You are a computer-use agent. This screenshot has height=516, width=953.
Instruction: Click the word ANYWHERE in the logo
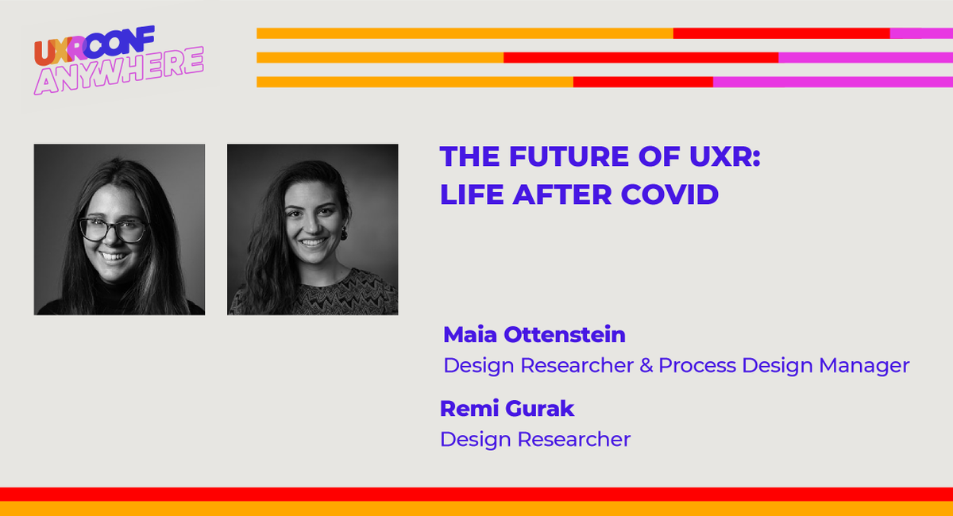click(x=118, y=71)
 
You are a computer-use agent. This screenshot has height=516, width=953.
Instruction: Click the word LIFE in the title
click(x=469, y=194)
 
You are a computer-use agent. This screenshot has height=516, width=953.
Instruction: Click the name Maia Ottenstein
click(x=534, y=335)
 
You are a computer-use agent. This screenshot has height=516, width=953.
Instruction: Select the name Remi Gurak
click(x=507, y=409)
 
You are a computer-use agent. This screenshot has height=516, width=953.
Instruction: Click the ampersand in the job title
click(x=646, y=365)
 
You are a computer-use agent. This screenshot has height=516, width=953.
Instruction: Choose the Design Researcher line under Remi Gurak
click(x=534, y=439)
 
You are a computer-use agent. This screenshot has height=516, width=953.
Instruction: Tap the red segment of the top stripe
click(x=781, y=33)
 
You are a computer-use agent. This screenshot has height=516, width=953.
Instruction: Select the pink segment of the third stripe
click(x=832, y=82)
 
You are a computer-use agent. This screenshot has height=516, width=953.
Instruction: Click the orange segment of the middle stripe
click(x=380, y=57)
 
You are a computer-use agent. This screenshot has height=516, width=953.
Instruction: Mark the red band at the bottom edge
click(x=476, y=494)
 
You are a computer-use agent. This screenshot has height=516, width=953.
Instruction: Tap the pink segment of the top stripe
click(x=921, y=33)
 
